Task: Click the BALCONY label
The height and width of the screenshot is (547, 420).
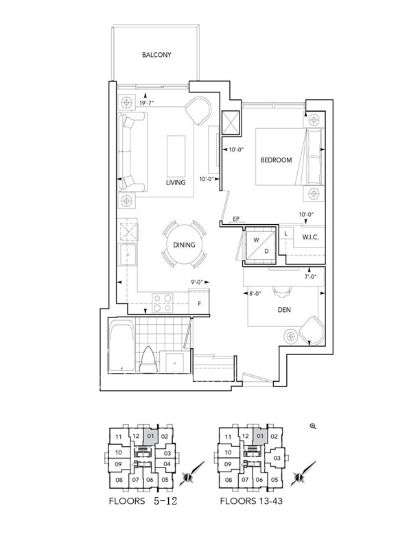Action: tap(156, 55)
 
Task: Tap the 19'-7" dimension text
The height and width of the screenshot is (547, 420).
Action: tap(147, 103)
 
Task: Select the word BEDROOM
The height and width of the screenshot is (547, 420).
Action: tap(276, 160)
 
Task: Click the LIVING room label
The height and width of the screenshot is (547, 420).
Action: tap(176, 182)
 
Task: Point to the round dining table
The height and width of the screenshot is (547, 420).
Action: tap(184, 245)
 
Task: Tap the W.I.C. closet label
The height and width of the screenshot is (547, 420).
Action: tap(310, 237)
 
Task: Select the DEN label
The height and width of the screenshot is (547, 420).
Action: tap(284, 310)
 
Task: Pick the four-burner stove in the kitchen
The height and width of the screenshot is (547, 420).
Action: tap(163, 303)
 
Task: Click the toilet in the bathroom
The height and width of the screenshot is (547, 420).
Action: tap(148, 360)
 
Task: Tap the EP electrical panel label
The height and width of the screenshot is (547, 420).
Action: tap(236, 219)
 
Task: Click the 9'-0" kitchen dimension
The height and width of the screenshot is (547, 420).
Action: tap(197, 282)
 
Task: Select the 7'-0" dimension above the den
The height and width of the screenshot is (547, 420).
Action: tap(310, 277)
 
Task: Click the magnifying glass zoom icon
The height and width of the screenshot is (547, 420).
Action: tap(313, 426)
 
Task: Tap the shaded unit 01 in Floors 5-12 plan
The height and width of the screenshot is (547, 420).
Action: tap(150, 436)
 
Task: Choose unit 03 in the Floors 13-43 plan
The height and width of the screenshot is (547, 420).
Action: tap(277, 458)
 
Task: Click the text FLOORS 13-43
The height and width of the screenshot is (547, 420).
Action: tap(251, 501)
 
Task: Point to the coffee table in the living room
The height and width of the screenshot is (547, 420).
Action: tap(176, 156)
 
